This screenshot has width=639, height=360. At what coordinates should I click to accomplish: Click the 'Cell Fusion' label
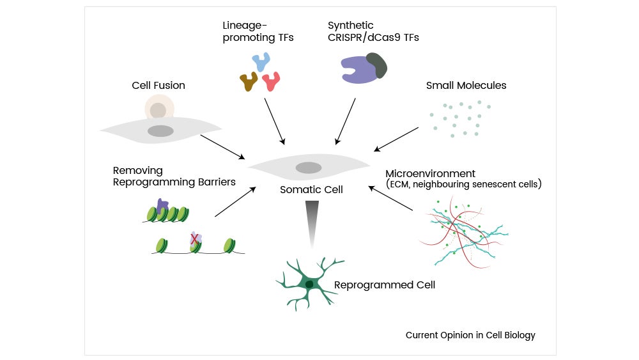pyautogui.click(x=158, y=86)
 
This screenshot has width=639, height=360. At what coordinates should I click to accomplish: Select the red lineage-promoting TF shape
pyautogui.click(x=272, y=81)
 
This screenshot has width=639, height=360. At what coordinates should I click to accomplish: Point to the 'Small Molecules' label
pyautogui.click(x=466, y=86)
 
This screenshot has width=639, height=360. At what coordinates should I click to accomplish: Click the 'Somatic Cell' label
pyautogui.click(x=311, y=190)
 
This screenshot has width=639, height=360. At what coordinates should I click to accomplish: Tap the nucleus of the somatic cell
pyautogui.click(x=309, y=168)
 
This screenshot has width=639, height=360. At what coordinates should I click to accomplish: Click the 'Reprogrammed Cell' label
pyautogui.click(x=385, y=285)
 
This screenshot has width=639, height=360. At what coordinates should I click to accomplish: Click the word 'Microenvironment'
pyautogui.click(x=430, y=173)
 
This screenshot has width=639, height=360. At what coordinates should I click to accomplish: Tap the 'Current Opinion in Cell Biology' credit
pyautogui.click(x=470, y=335)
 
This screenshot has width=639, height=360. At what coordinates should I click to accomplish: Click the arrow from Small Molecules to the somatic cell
pyautogui.click(x=396, y=139)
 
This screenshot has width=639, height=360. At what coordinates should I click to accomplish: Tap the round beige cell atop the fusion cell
pyautogui.click(x=158, y=108)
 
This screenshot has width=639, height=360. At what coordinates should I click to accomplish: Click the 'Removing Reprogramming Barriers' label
pyautogui.click(x=174, y=176)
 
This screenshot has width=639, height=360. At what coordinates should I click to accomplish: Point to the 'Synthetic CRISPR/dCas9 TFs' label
pyautogui.click(x=373, y=31)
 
